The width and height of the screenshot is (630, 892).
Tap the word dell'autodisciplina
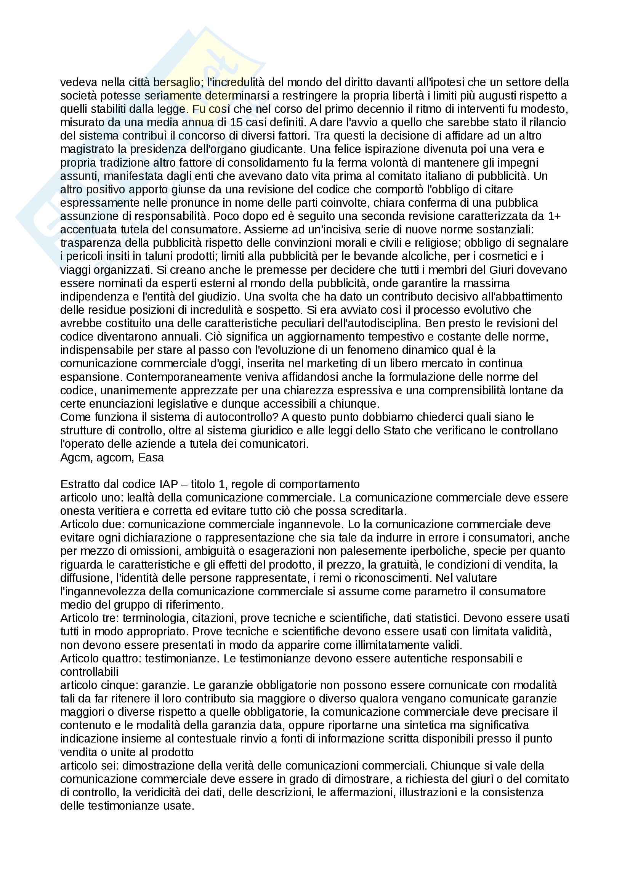click(x=373, y=323)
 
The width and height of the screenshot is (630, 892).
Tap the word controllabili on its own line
click(x=89, y=672)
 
